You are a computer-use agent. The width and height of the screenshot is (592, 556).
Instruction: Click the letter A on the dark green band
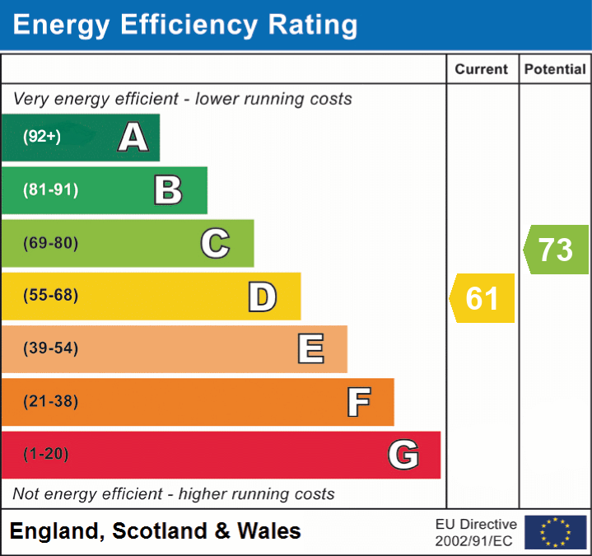click(133, 138)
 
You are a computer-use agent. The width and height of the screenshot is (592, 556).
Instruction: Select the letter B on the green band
click(168, 190)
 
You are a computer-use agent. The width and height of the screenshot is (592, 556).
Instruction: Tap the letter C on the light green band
click(215, 244)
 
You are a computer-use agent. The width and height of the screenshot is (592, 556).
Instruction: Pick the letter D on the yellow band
click(262, 297)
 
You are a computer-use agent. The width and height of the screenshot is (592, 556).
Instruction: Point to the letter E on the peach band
click(310, 349)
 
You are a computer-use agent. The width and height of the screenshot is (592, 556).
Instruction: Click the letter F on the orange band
click(357, 402)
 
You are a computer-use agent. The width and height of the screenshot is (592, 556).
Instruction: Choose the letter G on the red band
click(403, 455)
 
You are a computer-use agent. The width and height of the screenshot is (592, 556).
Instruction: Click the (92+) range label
click(42, 137)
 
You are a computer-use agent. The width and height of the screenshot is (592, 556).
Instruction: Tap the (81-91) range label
click(50, 190)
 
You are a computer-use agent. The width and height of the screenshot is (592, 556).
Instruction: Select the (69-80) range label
click(50, 244)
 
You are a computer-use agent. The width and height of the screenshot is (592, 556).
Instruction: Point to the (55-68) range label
click(50, 296)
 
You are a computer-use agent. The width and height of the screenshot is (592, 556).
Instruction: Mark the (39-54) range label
click(50, 348)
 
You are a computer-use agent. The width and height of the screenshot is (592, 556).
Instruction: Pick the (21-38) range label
click(50, 402)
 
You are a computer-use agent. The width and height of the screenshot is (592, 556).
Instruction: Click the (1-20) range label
click(46, 455)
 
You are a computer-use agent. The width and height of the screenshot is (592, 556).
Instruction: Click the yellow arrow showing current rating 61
click(483, 298)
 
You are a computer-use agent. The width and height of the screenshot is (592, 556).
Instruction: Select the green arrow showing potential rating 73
click(557, 250)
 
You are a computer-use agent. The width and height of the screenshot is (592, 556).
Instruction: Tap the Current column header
click(482, 70)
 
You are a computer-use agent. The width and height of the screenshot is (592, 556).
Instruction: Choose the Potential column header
click(555, 70)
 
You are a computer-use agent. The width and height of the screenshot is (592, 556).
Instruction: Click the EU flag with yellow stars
click(555, 532)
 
